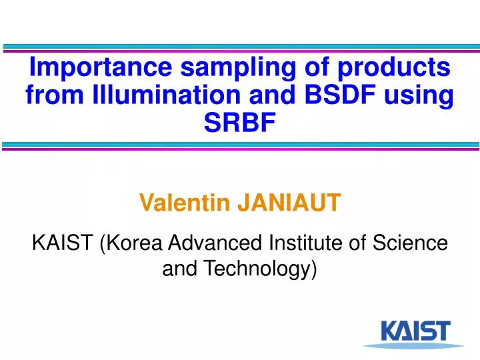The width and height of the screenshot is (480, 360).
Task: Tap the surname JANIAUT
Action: coord(289,201)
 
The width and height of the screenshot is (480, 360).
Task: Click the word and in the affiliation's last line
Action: coord(180,269)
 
